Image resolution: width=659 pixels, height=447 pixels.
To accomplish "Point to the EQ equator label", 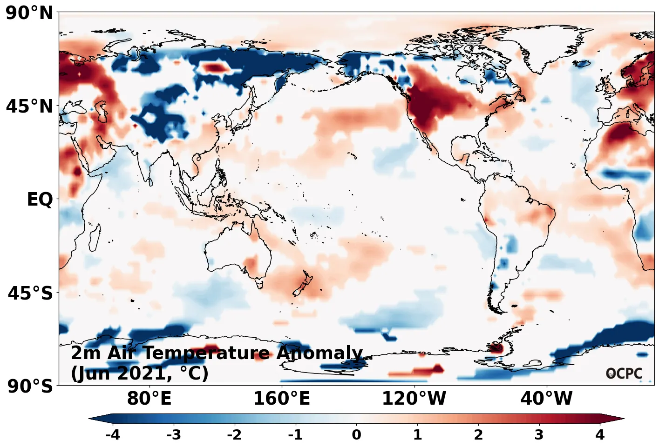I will [40, 200].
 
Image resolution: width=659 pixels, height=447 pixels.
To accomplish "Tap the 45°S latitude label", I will [30, 294].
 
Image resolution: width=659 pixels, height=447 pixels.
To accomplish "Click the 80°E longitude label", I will [149, 399].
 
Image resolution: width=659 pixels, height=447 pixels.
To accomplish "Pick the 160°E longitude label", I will [281, 399].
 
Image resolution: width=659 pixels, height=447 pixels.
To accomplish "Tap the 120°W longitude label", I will [414, 399].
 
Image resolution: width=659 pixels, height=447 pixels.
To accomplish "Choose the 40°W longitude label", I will [546, 399].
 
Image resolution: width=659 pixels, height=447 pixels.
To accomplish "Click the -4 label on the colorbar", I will [113, 435].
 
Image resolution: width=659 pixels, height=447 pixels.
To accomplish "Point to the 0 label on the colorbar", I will [356, 435].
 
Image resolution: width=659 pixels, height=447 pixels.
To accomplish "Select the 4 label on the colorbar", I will [600, 435].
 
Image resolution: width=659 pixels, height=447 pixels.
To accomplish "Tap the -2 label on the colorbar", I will [234, 435].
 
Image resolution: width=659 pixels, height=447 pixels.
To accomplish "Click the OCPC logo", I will [624, 373].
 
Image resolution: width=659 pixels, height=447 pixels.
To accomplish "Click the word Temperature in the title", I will [206, 354].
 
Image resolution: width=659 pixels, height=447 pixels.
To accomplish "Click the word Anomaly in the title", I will [319, 354].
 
